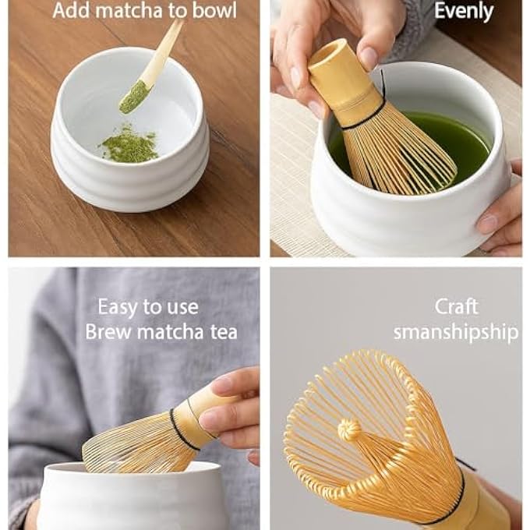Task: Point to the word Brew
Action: click(x=107, y=332)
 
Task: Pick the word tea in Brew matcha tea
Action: click(x=221, y=332)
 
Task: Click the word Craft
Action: click(x=456, y=306)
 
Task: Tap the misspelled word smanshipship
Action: click(x=456, y=332)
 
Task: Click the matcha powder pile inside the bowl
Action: click(x=130, y=146)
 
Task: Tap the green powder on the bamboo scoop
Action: click(x=134, y=97)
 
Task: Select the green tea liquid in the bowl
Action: click(x=460, y=140)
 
